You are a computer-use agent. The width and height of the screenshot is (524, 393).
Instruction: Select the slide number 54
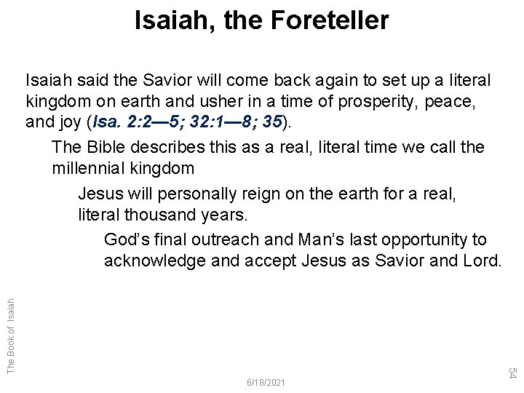point(512,373)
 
